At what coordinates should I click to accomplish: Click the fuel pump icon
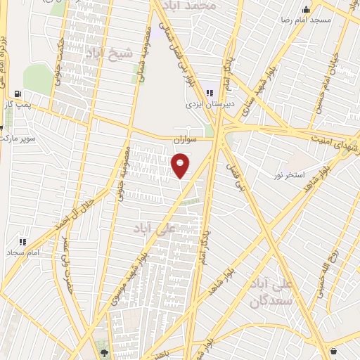(x=18, y=93)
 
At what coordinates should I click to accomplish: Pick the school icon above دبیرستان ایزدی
(x=209, y=91)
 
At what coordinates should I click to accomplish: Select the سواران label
(x=184, y=141)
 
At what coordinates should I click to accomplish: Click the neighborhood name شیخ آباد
(x=108, y=53)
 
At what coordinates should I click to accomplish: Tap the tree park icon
(x=105, y=352)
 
